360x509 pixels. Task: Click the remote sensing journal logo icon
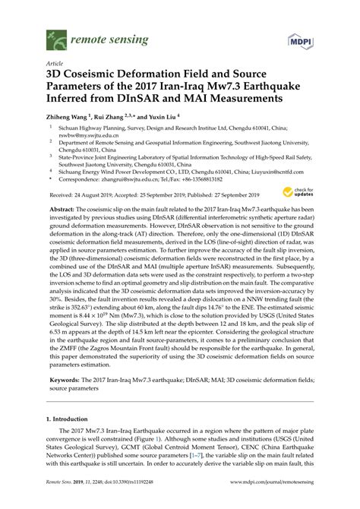(x=53, y=36)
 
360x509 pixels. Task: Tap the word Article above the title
(x=55, y=65)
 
